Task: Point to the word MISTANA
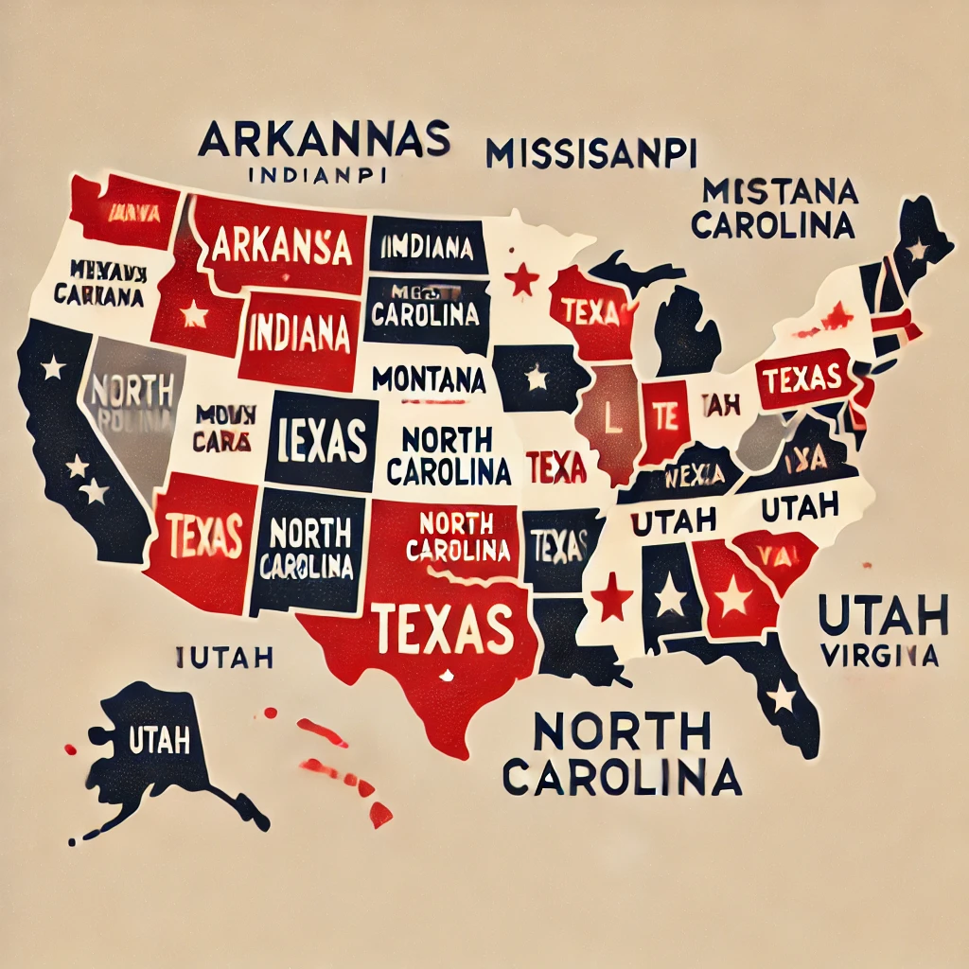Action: point(781,193)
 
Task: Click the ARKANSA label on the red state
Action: point(282,245)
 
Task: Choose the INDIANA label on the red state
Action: point(299,334)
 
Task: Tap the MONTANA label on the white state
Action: point(429,379)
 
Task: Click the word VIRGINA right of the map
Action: point(879,655)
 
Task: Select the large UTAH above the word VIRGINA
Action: point(883,616)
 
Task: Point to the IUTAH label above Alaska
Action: point(225,655)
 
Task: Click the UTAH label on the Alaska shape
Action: point(163,740)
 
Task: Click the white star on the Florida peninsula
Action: point(782,698)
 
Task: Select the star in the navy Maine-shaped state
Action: point(916,251)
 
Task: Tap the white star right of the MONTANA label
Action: point(536,379)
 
